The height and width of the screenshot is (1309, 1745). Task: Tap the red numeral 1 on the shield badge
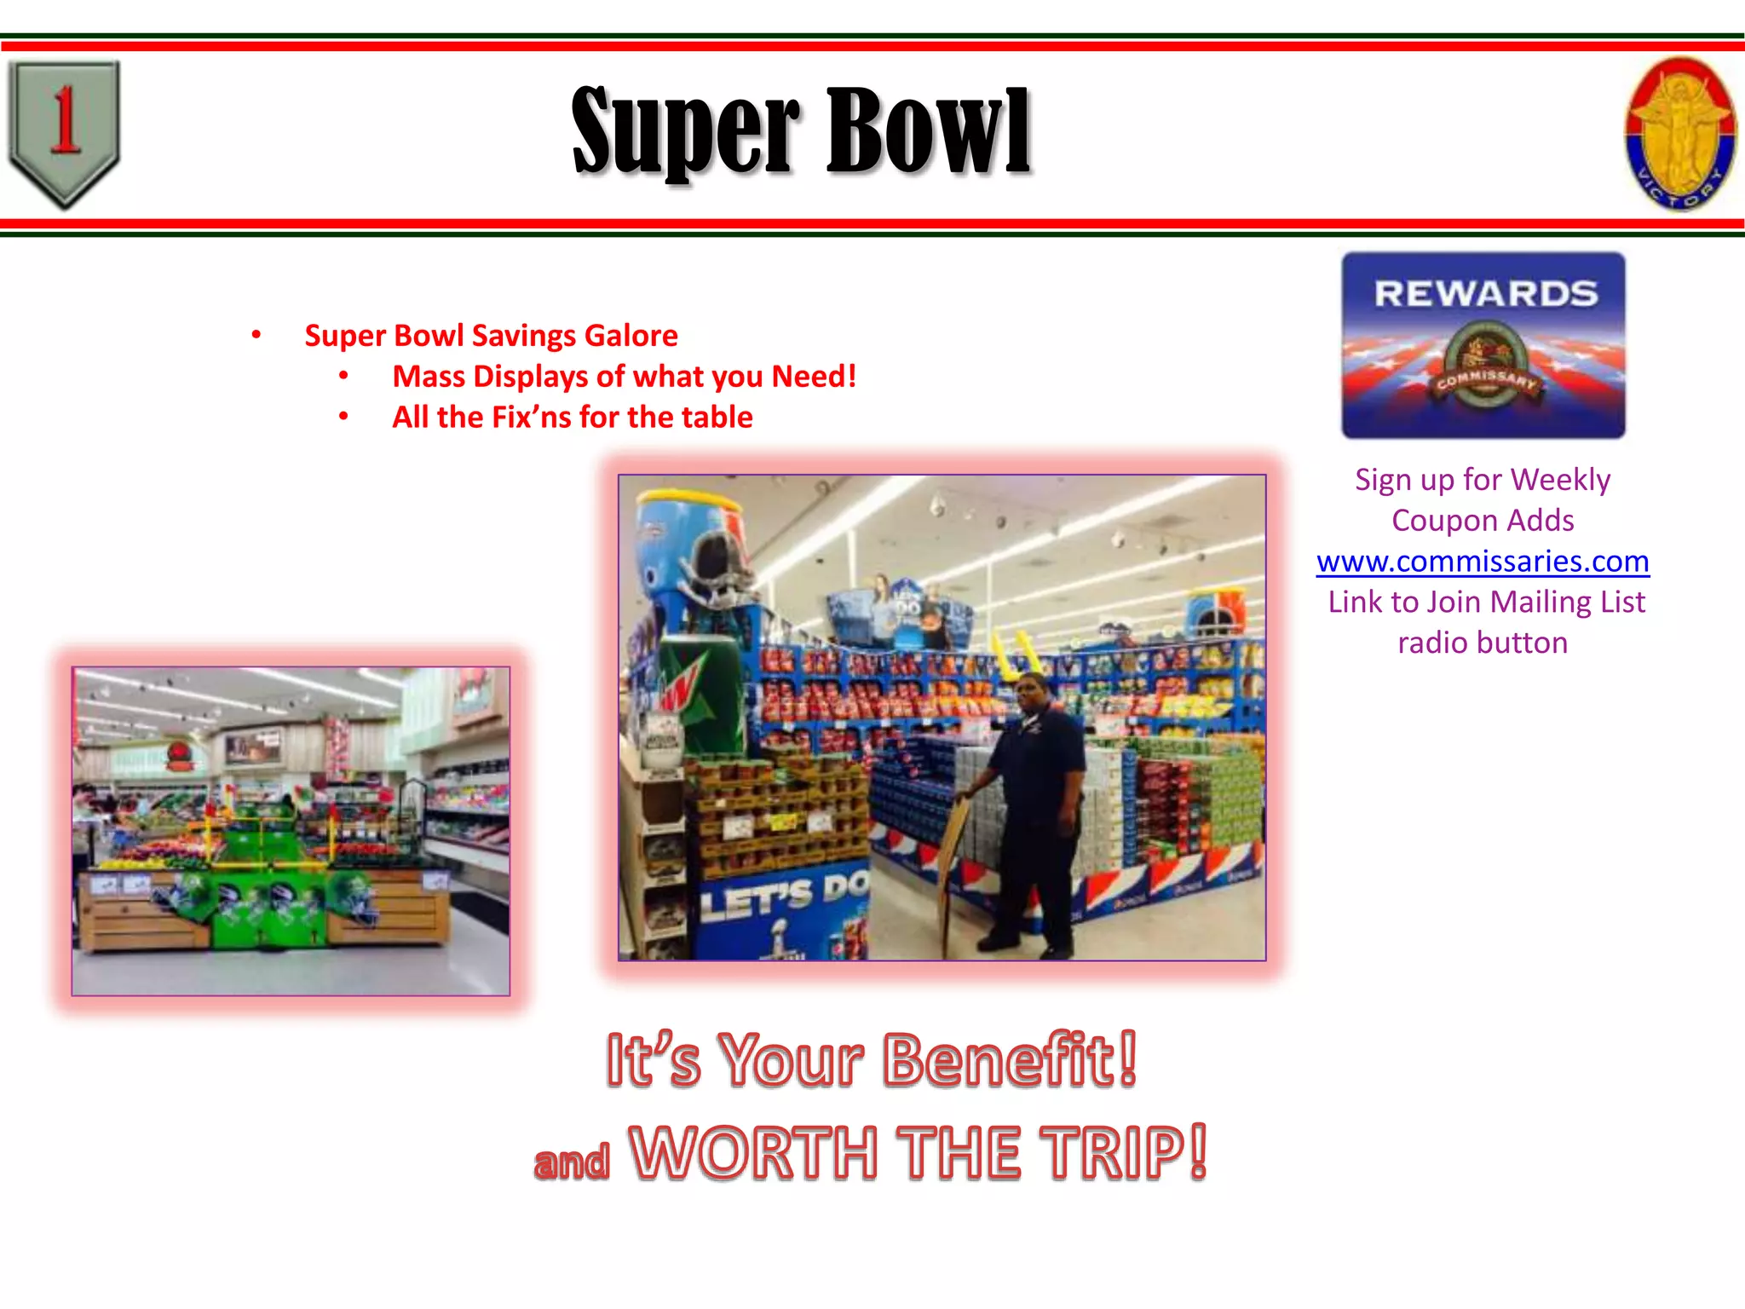coord(65,121)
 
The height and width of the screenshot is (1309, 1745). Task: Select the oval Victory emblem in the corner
coord(1679,133)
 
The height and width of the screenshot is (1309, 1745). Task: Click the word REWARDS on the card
coord(1485,294)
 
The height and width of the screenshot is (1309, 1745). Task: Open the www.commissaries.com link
coord(1483,561)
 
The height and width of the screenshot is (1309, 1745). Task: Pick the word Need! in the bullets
coord(814,376)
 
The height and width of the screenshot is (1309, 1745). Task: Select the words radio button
coord(1483,643)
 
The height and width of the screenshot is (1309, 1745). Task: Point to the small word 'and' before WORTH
coord(572,1162)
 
